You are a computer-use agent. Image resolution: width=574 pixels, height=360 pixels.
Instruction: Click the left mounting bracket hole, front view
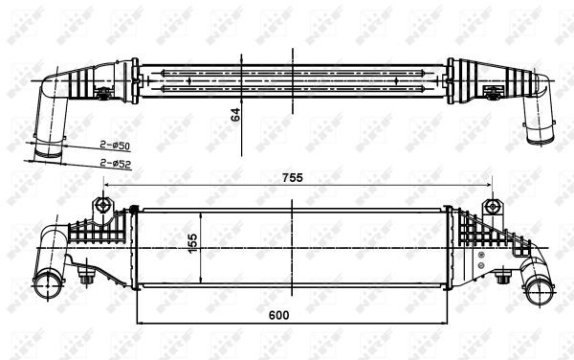pyautogui.click(x=101, y=206)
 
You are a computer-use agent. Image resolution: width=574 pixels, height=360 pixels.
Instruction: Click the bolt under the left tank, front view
pyautogui.click(x=88, y=279)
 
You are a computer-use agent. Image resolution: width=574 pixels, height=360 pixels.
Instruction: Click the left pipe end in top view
pyautogui.click(x=46, y=149)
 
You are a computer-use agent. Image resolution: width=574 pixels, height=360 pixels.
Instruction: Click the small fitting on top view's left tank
pyautogui.click(x=100, y=93)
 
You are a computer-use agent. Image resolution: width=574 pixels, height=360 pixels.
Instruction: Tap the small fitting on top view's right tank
pyautogui.click(x=495, y=93)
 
